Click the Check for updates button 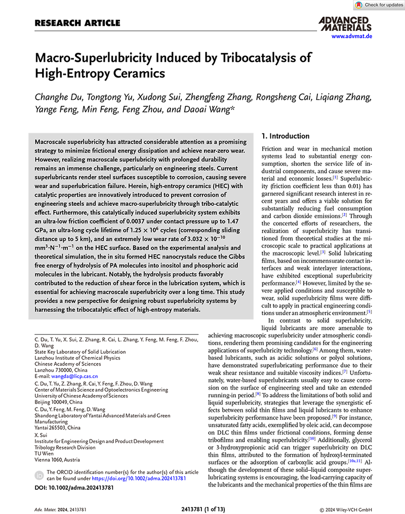(379, 5)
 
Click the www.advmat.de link (352, 36)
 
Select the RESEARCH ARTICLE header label (77, 23)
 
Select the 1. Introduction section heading (285, 136)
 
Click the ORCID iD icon (39, 475)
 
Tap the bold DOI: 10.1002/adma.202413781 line (74, 488)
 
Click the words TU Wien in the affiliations (45, 454)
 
